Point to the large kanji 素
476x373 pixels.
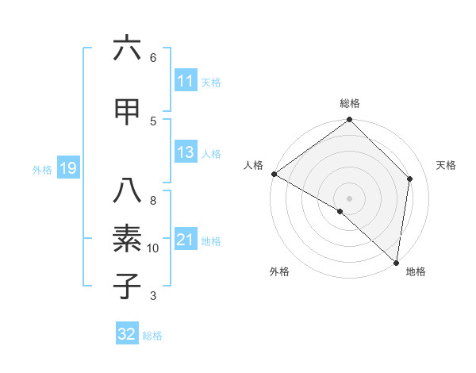[x=127, y=239]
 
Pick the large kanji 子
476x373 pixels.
[x=127, y=286]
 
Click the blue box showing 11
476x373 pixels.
[x=185, y=81]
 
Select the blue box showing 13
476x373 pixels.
[x=185, y=152]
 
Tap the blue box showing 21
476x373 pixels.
[x=185, y=240]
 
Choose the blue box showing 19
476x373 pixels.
[x=67, y=168]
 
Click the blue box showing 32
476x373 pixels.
[x=127, y=334]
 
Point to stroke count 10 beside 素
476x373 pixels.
[x=153, y=248]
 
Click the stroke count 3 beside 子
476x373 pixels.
[x=153, y=296]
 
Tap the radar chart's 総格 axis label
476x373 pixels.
[x=350, y=103]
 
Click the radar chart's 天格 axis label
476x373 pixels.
[x=446, y=165]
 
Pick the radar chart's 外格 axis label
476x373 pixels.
[x=279, y=271]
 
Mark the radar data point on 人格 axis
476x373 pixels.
[x=274, y=174]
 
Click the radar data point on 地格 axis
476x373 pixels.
[x=397, y=263]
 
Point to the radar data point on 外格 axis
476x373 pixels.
[x=340, y=211]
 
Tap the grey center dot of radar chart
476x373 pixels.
[x=350, y=198]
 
